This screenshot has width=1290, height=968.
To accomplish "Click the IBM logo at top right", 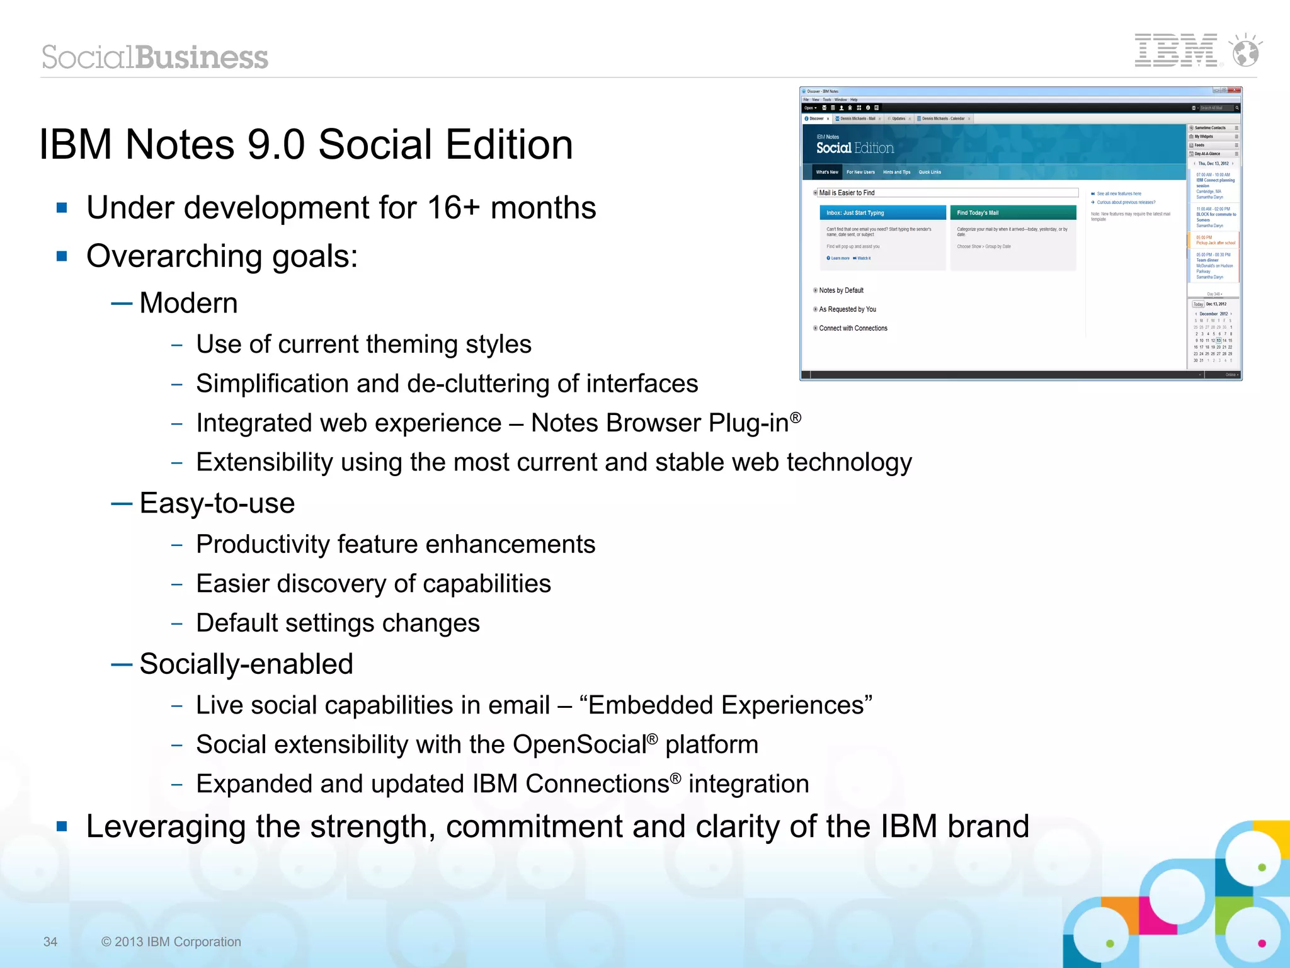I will [x=1176, y=50].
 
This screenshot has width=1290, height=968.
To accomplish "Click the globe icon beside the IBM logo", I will [x=1245, y=51].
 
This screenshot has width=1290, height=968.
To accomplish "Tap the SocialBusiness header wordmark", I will [x=155, y=57].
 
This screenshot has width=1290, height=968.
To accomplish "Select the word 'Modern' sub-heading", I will [x=188, y=303].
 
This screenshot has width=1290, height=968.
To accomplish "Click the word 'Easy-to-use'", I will [x=217, y=503].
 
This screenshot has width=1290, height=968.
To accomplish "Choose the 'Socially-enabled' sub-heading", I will [x=246, y=664].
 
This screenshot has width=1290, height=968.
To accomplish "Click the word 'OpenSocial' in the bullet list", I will [x=579, y=744].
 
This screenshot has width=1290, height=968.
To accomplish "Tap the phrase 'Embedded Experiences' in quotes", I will [x=726, y=705].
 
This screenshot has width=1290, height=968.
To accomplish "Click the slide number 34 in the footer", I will [x=50, y=942].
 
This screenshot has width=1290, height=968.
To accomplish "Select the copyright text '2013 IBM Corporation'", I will [x=177, y=942].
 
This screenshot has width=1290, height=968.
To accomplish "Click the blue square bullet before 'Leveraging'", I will [x=62, y=826].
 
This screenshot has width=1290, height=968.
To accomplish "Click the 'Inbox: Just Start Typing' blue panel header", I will [x=882, y=213].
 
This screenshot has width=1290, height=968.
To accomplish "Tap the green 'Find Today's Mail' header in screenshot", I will [x=1012, y=213].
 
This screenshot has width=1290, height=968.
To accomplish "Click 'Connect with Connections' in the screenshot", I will [x=853, y=328].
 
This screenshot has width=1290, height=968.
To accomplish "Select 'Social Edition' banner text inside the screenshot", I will [x=855, y=148].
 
